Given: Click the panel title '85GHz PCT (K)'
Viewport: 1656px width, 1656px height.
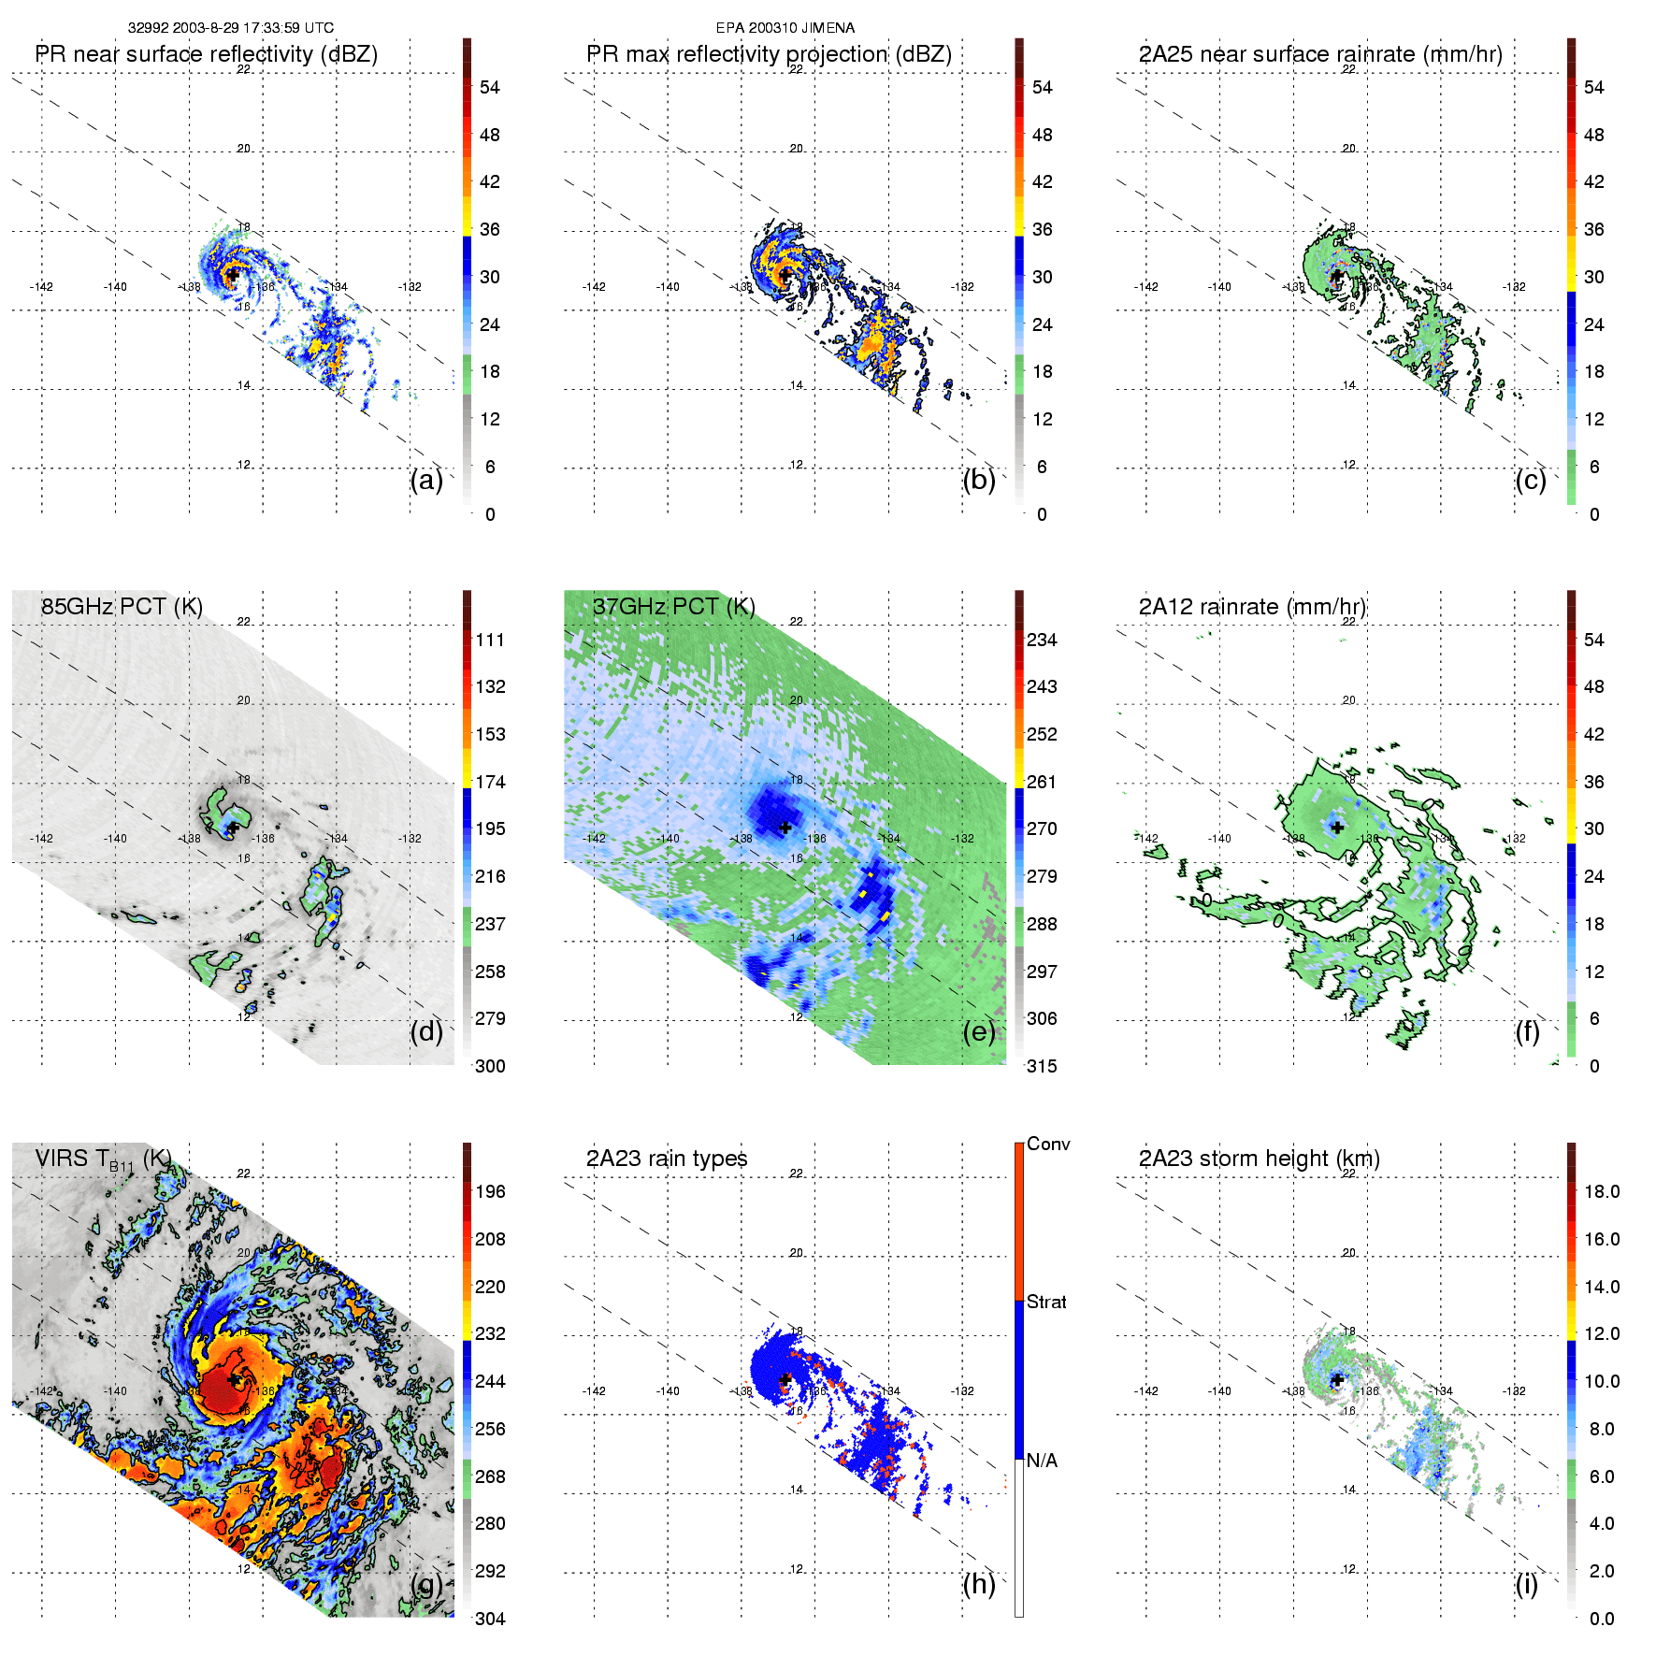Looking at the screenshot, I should pyautogui.click(x=122, y=607).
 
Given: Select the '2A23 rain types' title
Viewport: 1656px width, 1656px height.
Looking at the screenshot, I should pyautogui.click(x=667, y=1159).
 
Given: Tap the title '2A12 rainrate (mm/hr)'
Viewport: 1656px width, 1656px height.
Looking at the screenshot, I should pyautogui.click(x=1252, y=607).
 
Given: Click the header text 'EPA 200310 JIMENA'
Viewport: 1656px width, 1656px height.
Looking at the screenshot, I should pyautogui.click(x=785, y=28).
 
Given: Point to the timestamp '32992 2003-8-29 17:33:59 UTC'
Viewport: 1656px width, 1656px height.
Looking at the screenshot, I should pyautogui.click(x=231, y=28).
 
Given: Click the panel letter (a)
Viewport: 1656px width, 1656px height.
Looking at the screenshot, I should pyautogui.click(x=426, y=481).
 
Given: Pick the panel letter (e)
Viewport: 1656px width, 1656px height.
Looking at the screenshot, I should pyautogui.click(x=979, y=1032).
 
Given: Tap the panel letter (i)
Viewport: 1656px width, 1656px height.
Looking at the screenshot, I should pyautogui.click(x=1527, y=1585).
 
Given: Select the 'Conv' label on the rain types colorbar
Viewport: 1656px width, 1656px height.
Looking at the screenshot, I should pyautogui.click(x=1048, y=1145).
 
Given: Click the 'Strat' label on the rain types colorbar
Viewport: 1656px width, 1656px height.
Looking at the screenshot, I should pyautogui.click(x=1046, y=1303).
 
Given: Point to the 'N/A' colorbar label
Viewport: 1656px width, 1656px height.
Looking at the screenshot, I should pyautogui.click(x=1042, y=1461).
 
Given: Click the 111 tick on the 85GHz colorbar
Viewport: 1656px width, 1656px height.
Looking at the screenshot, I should pyautogui.click(x=490, y=641).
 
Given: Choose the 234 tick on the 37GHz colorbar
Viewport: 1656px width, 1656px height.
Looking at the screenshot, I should pyautogui.click(x=1042, y=641).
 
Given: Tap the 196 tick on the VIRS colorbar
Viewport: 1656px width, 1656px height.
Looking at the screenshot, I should pyautogui.click(x=490, y=1192).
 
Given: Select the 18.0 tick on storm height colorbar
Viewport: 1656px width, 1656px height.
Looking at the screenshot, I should pyautogui.click(x=1602, y=1192).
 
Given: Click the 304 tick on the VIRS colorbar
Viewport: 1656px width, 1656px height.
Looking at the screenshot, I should pyautogui.click(x=490, y=1619).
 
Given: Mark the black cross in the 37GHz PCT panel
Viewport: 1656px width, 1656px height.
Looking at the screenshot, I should pyautogui.click(x=785, y=828).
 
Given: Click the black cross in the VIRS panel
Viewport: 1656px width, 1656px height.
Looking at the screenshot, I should pyautogui.click(x=234, y=1379).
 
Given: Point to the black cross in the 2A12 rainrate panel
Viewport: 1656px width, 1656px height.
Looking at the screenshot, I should pyautogui.click(x=1337, y=828).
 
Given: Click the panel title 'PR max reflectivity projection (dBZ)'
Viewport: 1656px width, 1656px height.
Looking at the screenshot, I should pyautogui.click(x=769, y=54).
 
